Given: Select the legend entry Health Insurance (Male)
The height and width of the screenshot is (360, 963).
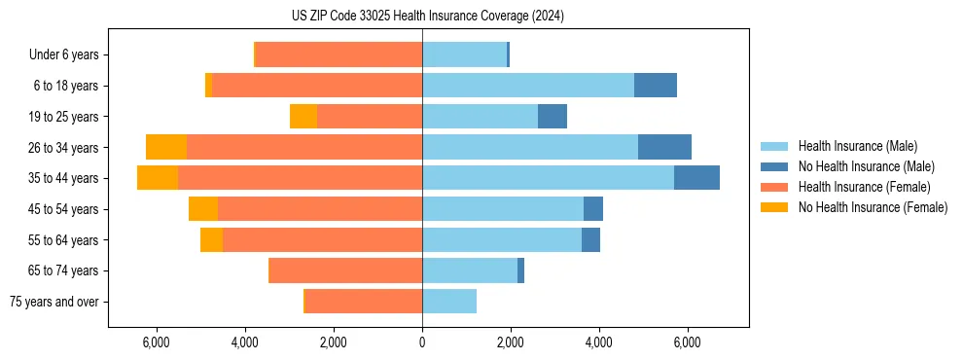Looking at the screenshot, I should click(x=856, y=146).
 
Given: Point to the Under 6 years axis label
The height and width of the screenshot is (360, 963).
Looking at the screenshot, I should click(x=63, y=54).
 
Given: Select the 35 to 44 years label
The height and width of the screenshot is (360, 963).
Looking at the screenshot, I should click(x=63, y=178).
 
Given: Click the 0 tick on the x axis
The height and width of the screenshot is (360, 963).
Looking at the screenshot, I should click(x=422, y=342).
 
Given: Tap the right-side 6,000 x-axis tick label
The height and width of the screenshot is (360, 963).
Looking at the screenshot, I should click(x=687, y=342).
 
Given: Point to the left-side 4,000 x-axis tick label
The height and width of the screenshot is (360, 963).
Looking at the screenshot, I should click(x=244, y=342).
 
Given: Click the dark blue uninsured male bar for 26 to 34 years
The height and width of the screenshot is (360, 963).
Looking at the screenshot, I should click(x=664, y=147).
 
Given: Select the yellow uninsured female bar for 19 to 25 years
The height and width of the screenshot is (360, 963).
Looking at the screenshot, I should click(x=303, y=117).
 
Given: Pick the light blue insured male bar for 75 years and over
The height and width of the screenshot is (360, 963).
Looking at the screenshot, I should click(x=449, y=302).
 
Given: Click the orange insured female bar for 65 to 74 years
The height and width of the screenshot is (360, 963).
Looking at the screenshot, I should click(x=345, y=270).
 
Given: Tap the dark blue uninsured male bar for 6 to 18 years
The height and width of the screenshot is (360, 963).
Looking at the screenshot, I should click(x=656, y=86).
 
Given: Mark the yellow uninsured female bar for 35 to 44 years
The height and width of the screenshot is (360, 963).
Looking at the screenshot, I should click(x=158, y=178).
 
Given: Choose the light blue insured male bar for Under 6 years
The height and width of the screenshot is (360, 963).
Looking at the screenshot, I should click(x=464, y=54).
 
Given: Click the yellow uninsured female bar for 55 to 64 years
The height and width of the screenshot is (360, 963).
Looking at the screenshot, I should click(x=211, y=239).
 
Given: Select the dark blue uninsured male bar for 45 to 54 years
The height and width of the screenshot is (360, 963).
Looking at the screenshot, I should click(x=593, y=209).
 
